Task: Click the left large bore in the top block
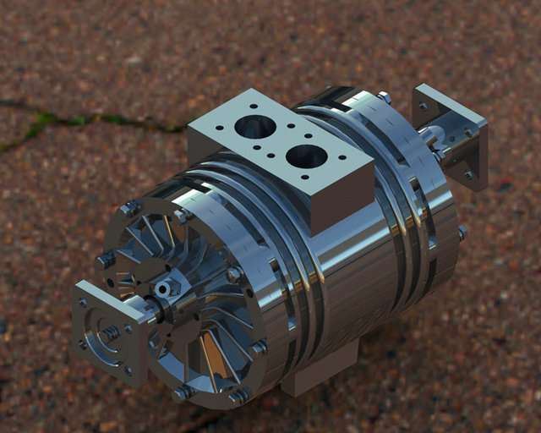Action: [x=254, y=128]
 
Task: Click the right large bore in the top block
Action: [x=306, y=156]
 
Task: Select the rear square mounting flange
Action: [x=451, y=135]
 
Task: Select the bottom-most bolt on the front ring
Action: [x=182, y=393]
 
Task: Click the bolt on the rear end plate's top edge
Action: [x=385, y=98]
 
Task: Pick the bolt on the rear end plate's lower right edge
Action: [x=462, y=232]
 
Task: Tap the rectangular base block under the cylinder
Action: [x=317, y=372]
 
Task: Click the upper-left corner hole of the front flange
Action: [x=82, y=302]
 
